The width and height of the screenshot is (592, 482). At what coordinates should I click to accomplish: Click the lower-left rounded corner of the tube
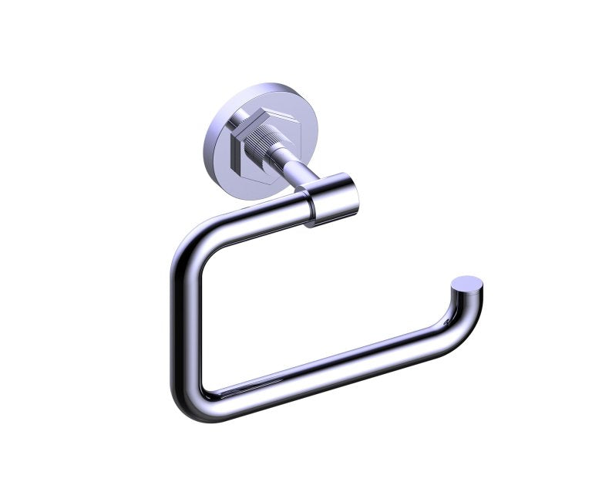193,401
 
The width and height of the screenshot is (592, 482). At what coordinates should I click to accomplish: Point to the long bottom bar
324,370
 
